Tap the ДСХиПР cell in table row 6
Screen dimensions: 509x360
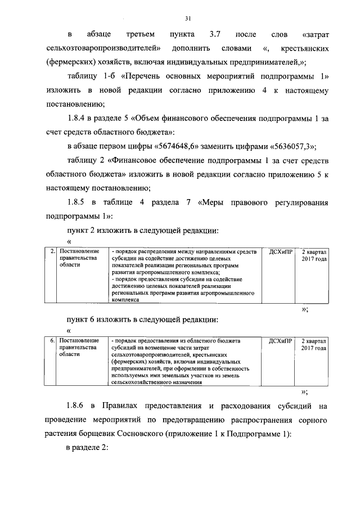pyautogui.click(x=280, y=341)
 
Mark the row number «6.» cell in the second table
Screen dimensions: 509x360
pyautogui.click(x=52, y=341)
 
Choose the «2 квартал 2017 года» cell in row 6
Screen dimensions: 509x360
pyautogui.click(x=314, y=345)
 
